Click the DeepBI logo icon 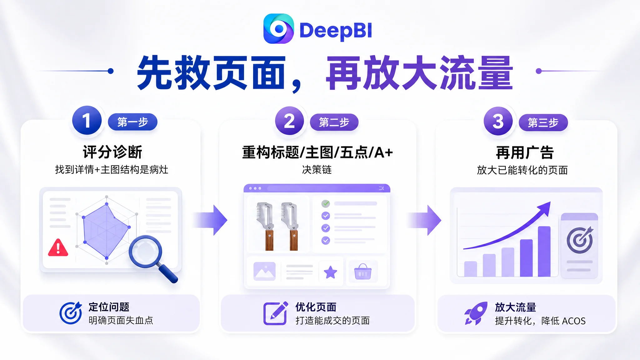pos(278,28)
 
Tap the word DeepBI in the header pos(336,31)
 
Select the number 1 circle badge pos(87,120)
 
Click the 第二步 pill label pos(334,122)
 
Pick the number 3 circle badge pos(498,121)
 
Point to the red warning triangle pos(58,248)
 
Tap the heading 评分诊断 pos(112,152)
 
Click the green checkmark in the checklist pos(326,204)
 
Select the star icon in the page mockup pos(330,272)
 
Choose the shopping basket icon pos(363,271)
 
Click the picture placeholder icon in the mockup pos(264,271)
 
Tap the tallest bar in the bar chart pos(544,251)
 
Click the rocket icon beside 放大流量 pos(476,313)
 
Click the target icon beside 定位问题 pos(71,313)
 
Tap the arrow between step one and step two pos(210,220)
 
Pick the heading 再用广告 pos(525,152)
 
